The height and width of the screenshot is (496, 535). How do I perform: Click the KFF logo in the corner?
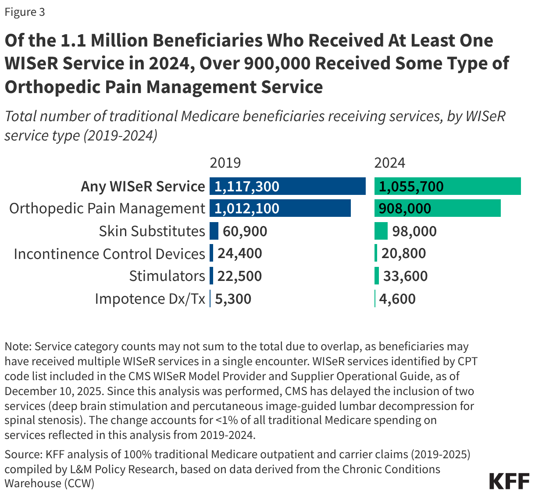coord(509,481)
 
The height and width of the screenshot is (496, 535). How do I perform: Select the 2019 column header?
coord(225,163)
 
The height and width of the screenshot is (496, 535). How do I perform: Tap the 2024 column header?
coord(389,163)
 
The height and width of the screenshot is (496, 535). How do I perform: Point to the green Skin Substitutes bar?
coord(381,231)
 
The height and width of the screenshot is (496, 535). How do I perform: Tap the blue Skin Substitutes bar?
coord(214,231)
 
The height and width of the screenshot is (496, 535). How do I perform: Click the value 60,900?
coord(245,231)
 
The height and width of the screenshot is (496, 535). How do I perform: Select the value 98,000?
coord(414,231)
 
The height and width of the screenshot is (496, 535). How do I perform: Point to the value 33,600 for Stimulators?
coord(405,276)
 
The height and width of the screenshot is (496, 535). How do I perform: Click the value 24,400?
coord(239,253)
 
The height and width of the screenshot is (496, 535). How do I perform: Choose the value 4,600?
coord(397,299)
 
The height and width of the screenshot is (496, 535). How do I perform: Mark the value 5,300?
coord(233,299)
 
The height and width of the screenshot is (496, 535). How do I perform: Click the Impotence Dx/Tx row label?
coord(150,299)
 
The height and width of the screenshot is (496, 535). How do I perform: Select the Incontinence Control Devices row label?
coord(109,254)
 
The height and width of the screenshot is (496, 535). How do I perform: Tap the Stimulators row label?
coord(167,276)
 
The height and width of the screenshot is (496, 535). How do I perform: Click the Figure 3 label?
coord(25,12)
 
